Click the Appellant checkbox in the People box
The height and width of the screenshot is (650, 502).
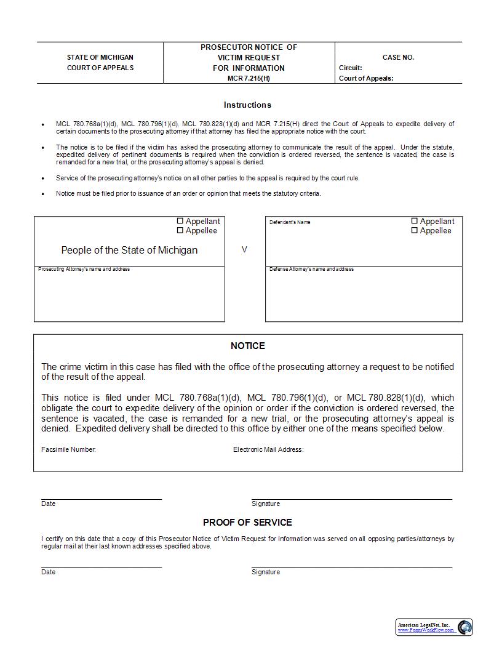coord(180,221)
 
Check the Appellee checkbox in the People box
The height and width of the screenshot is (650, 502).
coord(180,231)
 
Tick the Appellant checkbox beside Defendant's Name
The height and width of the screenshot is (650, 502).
coord(415,221)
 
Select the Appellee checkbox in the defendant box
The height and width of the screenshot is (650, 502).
coord(415,231)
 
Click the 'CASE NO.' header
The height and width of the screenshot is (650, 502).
coord(398,57)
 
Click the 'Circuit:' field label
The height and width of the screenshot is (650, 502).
coord(351,68)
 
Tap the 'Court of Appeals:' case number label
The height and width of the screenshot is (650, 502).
coord(366,78)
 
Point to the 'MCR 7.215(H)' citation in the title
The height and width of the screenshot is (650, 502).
coord(249,78)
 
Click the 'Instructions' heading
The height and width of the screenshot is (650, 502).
coord(247,105)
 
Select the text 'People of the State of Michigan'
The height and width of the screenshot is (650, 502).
coord(129,250)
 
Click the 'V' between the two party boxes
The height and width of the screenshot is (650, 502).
coord(244,250)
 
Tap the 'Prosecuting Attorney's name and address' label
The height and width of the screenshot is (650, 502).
coord(84,269)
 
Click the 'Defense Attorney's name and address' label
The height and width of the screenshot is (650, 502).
coord(311,269)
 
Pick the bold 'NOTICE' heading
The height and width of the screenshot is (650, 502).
coord(248,346)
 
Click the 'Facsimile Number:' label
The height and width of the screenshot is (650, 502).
coord(68,449)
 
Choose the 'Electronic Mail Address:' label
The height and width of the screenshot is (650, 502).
coord(268,449)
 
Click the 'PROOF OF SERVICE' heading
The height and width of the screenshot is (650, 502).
coord(247,523)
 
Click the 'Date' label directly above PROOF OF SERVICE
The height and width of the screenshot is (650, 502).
coord(48,504)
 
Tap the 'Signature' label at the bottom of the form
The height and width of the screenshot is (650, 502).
coord(265,572)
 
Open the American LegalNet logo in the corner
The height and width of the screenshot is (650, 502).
coord(434,627)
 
